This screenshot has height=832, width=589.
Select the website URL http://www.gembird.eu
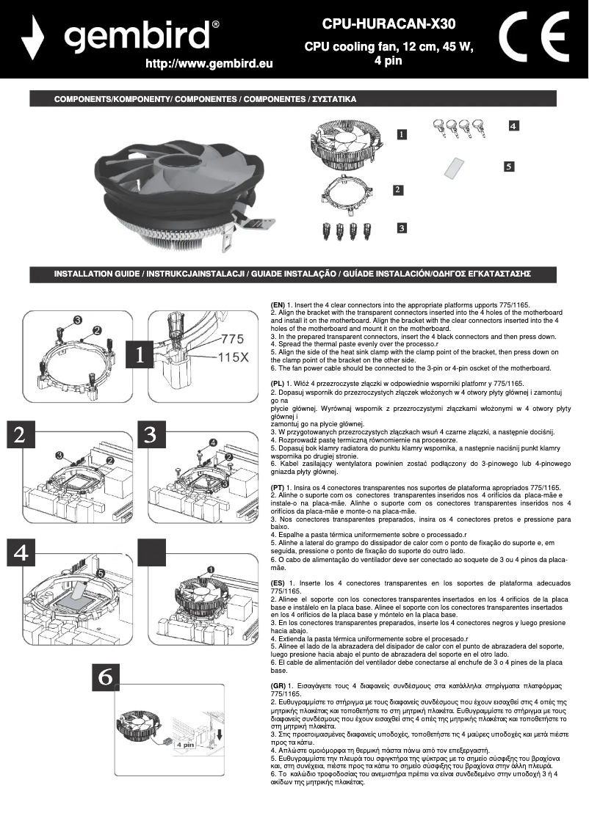209,64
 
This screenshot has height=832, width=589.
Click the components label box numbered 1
402,134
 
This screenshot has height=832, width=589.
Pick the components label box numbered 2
397,190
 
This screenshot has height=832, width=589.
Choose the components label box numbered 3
402,228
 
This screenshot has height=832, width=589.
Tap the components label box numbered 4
514,126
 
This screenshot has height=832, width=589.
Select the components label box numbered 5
509,167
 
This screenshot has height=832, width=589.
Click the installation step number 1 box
140,354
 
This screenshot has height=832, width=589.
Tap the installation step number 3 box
150,434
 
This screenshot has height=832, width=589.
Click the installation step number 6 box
106,679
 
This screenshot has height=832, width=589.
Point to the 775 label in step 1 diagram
232,340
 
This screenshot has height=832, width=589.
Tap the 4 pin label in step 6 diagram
184,743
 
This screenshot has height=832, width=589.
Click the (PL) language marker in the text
277,383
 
